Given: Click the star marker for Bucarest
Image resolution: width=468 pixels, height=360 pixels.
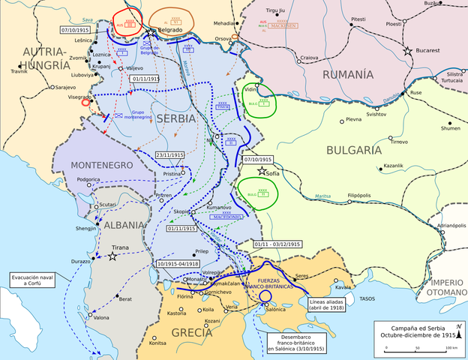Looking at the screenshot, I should pyautogui.click(x=408, y=51).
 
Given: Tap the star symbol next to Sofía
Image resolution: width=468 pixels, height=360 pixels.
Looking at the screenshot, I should pyautogui.click(x=262, y=172).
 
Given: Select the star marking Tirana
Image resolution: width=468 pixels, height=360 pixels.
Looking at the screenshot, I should pyautogui.click(x=112, y=256).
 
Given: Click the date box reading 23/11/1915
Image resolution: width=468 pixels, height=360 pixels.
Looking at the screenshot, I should pyautogui.click(x=170, y=155).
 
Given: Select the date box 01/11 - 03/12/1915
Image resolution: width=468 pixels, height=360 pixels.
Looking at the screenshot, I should pyautogui.click(x=277, y=244).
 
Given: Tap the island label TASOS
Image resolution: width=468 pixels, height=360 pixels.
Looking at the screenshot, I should pyautogui.click(x=367, y=298).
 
